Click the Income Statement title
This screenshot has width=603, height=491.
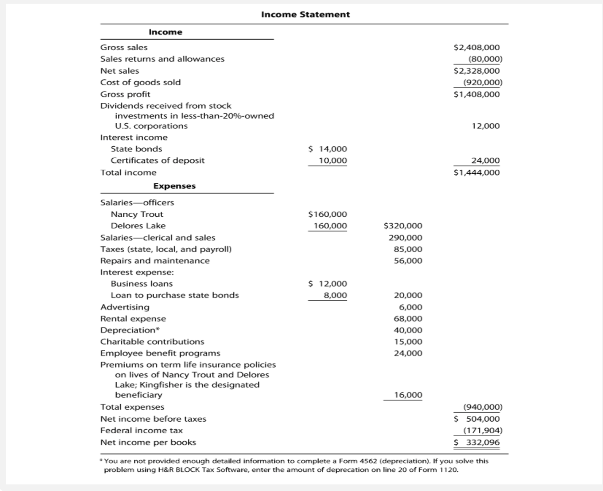pyautogui.click(x=305, y=15)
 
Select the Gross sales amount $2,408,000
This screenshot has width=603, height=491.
pyautogui.click(x=476, y=47)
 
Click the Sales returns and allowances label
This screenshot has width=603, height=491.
pyautogui.click(x=162, y=59)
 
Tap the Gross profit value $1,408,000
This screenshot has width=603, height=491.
pyautogui.click(x=476, y=94)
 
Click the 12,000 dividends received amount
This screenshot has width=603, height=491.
pyautogui.click(x=485, y=126)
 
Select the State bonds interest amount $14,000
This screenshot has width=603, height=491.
pyautogui.click(x=327, y=149)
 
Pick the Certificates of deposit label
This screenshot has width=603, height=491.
pyautogui.click(x=157, y=161)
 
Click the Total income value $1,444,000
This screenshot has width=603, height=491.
pyautogui.click(x=476, y=173)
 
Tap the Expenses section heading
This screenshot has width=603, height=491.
pyautogui.click(x=174, y=186)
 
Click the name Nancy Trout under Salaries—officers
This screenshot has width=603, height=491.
pyautogui.click(x=137, y=214)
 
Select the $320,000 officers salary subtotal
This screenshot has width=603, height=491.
pyautogui.click(x=403, y=226)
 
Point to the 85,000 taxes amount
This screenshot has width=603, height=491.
pyautogui.click(x=408, y=249)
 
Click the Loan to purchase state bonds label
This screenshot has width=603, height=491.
pyautogui.click(x=175, y=295)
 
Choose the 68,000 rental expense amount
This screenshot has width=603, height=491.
pyautogui.click(x=408, y=319)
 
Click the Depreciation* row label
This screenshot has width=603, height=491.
pyautogui.click(x=130, y=330)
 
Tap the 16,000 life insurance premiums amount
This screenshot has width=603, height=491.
pyautogui.click(x=408, y=395)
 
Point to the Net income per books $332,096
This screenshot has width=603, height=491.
pyautogui.click(x=476, y=442)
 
